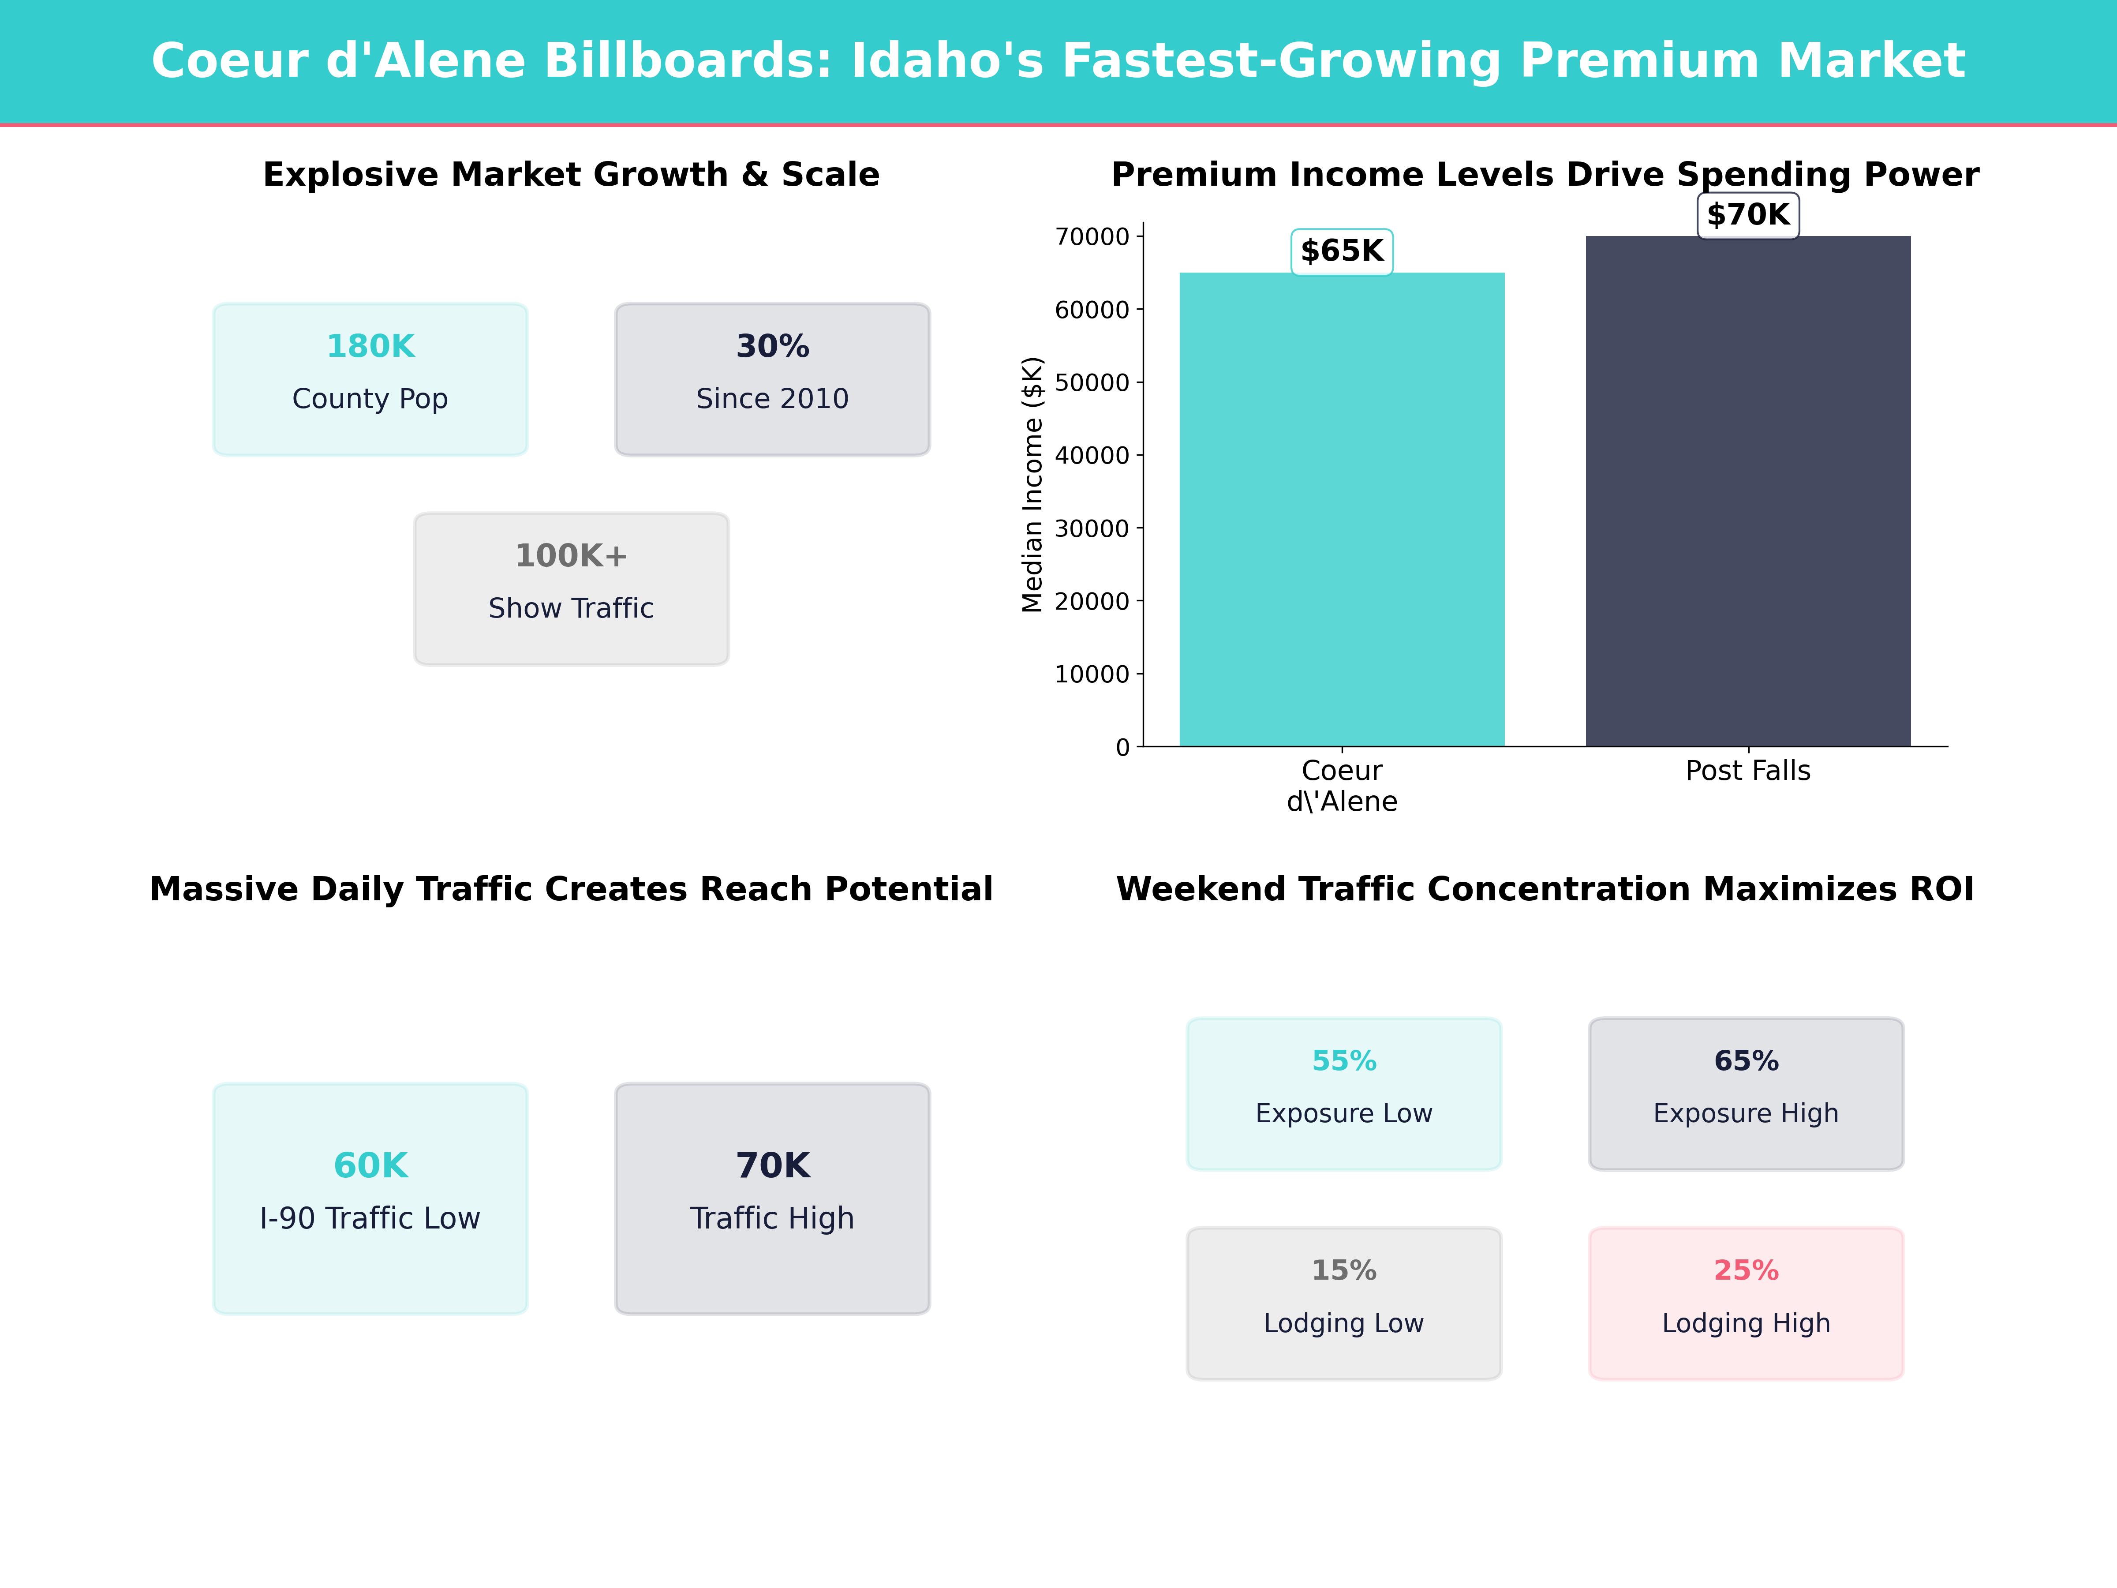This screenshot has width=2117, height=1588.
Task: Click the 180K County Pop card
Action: pos(370,379)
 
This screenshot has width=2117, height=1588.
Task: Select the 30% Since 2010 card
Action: pos(772,379)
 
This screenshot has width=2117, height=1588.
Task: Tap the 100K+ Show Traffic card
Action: pos(571,589)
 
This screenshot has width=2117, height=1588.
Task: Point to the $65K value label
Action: pos(1342,252)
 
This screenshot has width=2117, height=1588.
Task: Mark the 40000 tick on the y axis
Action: pos(1092,456)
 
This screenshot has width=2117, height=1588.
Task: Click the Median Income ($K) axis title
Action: pos(1032,484)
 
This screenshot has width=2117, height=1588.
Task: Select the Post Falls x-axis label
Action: pos(1747,771)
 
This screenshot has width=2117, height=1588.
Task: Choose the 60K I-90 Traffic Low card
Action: pos(370,1198)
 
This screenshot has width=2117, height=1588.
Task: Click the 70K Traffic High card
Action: pos(772,1198)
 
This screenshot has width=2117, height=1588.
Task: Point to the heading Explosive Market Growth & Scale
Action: pos(571,175)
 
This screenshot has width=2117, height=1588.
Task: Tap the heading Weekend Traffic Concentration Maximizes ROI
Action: pos(1545,889)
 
